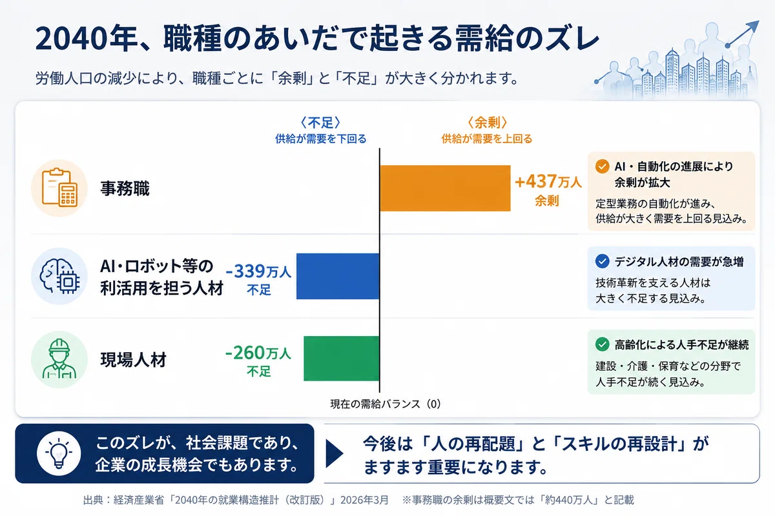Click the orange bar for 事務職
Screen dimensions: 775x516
coord(445,188)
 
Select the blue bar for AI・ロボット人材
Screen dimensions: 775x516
coord(338,276)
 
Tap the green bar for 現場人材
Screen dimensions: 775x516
coord(342,359)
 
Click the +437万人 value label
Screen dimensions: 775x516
coord(548,182)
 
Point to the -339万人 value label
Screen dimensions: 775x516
coord(258,272)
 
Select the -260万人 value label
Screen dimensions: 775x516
coord(258,353)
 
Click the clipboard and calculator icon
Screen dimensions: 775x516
coord(59,188)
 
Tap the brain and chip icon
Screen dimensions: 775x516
coord(59,276)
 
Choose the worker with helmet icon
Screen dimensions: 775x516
coord(59,359)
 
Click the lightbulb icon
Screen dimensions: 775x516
coord(59,453)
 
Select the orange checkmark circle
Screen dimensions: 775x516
coord(603,166)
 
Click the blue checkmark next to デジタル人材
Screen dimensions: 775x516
coord(603,261)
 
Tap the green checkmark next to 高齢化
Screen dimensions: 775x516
coord(603,344)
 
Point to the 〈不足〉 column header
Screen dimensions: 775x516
coord(321,123)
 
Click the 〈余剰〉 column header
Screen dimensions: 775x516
coord(487,123)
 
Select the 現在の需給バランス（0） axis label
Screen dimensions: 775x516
coord(386,404)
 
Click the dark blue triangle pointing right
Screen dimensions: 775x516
coord(335,453)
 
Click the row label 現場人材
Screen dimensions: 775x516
coord(134,359)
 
